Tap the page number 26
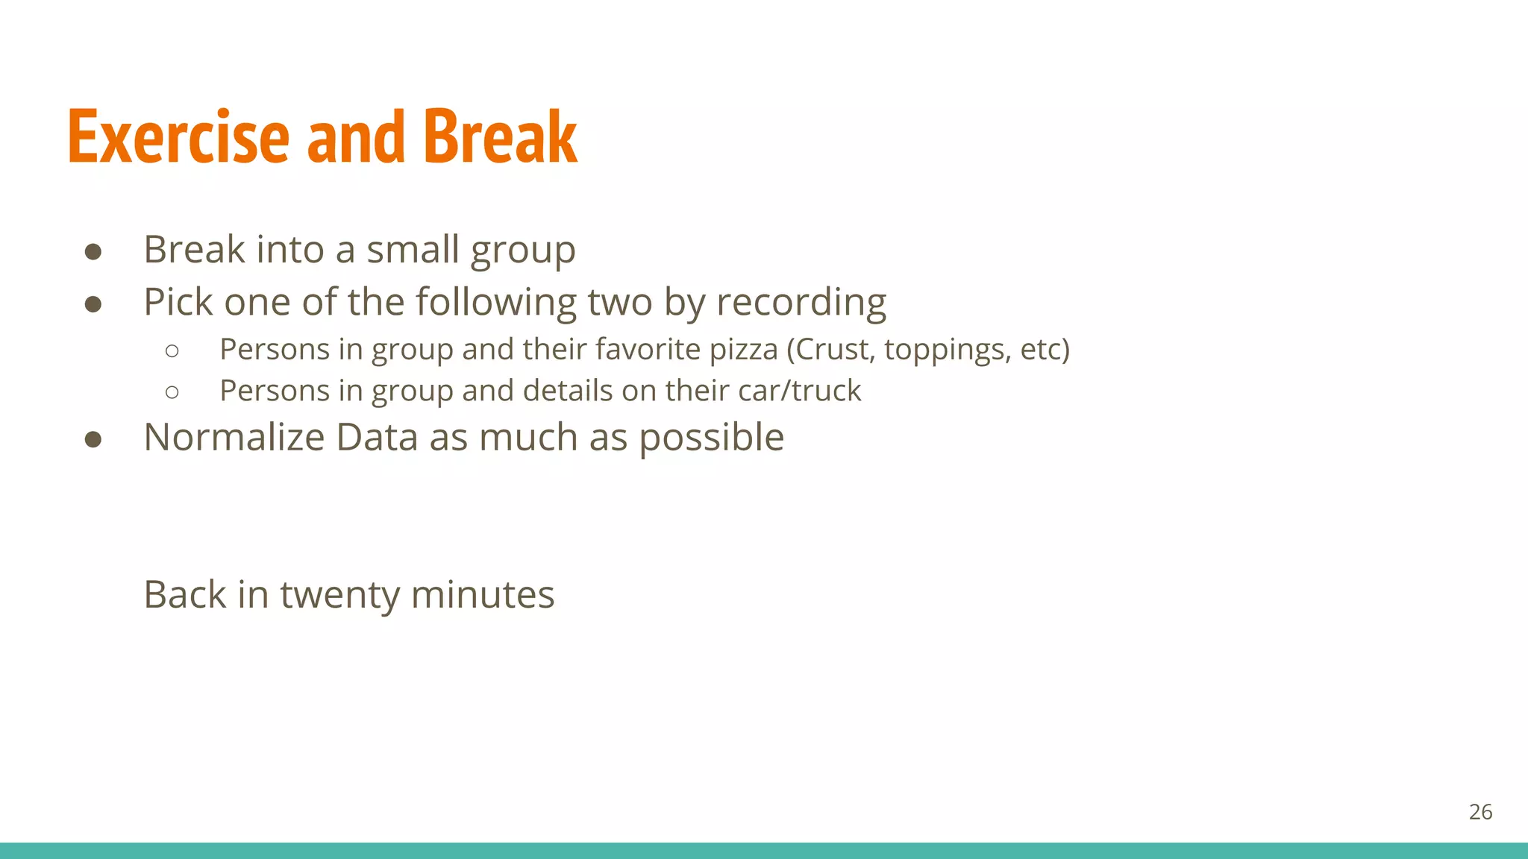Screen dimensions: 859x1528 tap(1480, 812)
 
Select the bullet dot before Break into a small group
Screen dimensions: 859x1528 tap(93, 251)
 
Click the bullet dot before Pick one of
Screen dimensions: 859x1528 tap(93, 304)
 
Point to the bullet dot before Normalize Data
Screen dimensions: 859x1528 tap(93, 439)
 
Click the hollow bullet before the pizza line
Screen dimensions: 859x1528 tap(172, 350)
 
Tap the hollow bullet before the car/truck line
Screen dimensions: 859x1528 tap(172, 392)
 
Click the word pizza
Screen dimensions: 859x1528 tap(742, 349)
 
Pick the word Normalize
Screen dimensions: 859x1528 tap(234, 437)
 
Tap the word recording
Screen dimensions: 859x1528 tap(801, 303)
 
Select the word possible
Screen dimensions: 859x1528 tap(711, 438)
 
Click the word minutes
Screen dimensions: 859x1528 tap(482, 595)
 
